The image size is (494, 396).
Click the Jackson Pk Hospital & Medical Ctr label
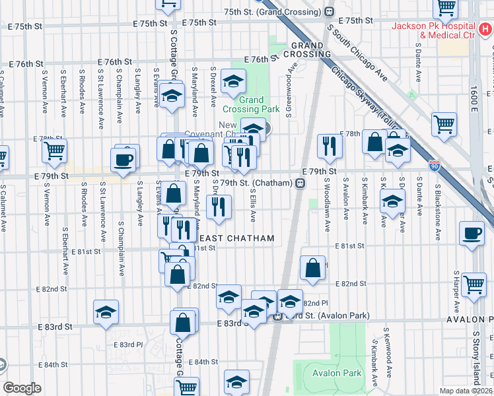click(x=433, y=30)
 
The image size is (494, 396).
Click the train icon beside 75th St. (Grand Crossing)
click(x=328, y=12)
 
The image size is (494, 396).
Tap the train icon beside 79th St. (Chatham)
click(x=299, y=183)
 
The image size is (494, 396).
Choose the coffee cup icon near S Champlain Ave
click(x=125, y=159)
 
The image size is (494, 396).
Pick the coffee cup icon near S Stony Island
click(x=472, y=233)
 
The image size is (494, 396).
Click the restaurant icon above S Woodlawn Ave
click(x=329, y=146)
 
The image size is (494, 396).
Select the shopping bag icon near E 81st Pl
click(x=313, y=268)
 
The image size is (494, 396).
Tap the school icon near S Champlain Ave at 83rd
click(x=106, y=313)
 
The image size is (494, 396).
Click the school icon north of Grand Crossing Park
click(x=232, y=81)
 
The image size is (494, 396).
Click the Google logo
click(x=21, y=388)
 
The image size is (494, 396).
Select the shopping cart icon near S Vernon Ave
click(x=54, y=150)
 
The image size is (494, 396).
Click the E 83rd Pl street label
click(x=128, y=345)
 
